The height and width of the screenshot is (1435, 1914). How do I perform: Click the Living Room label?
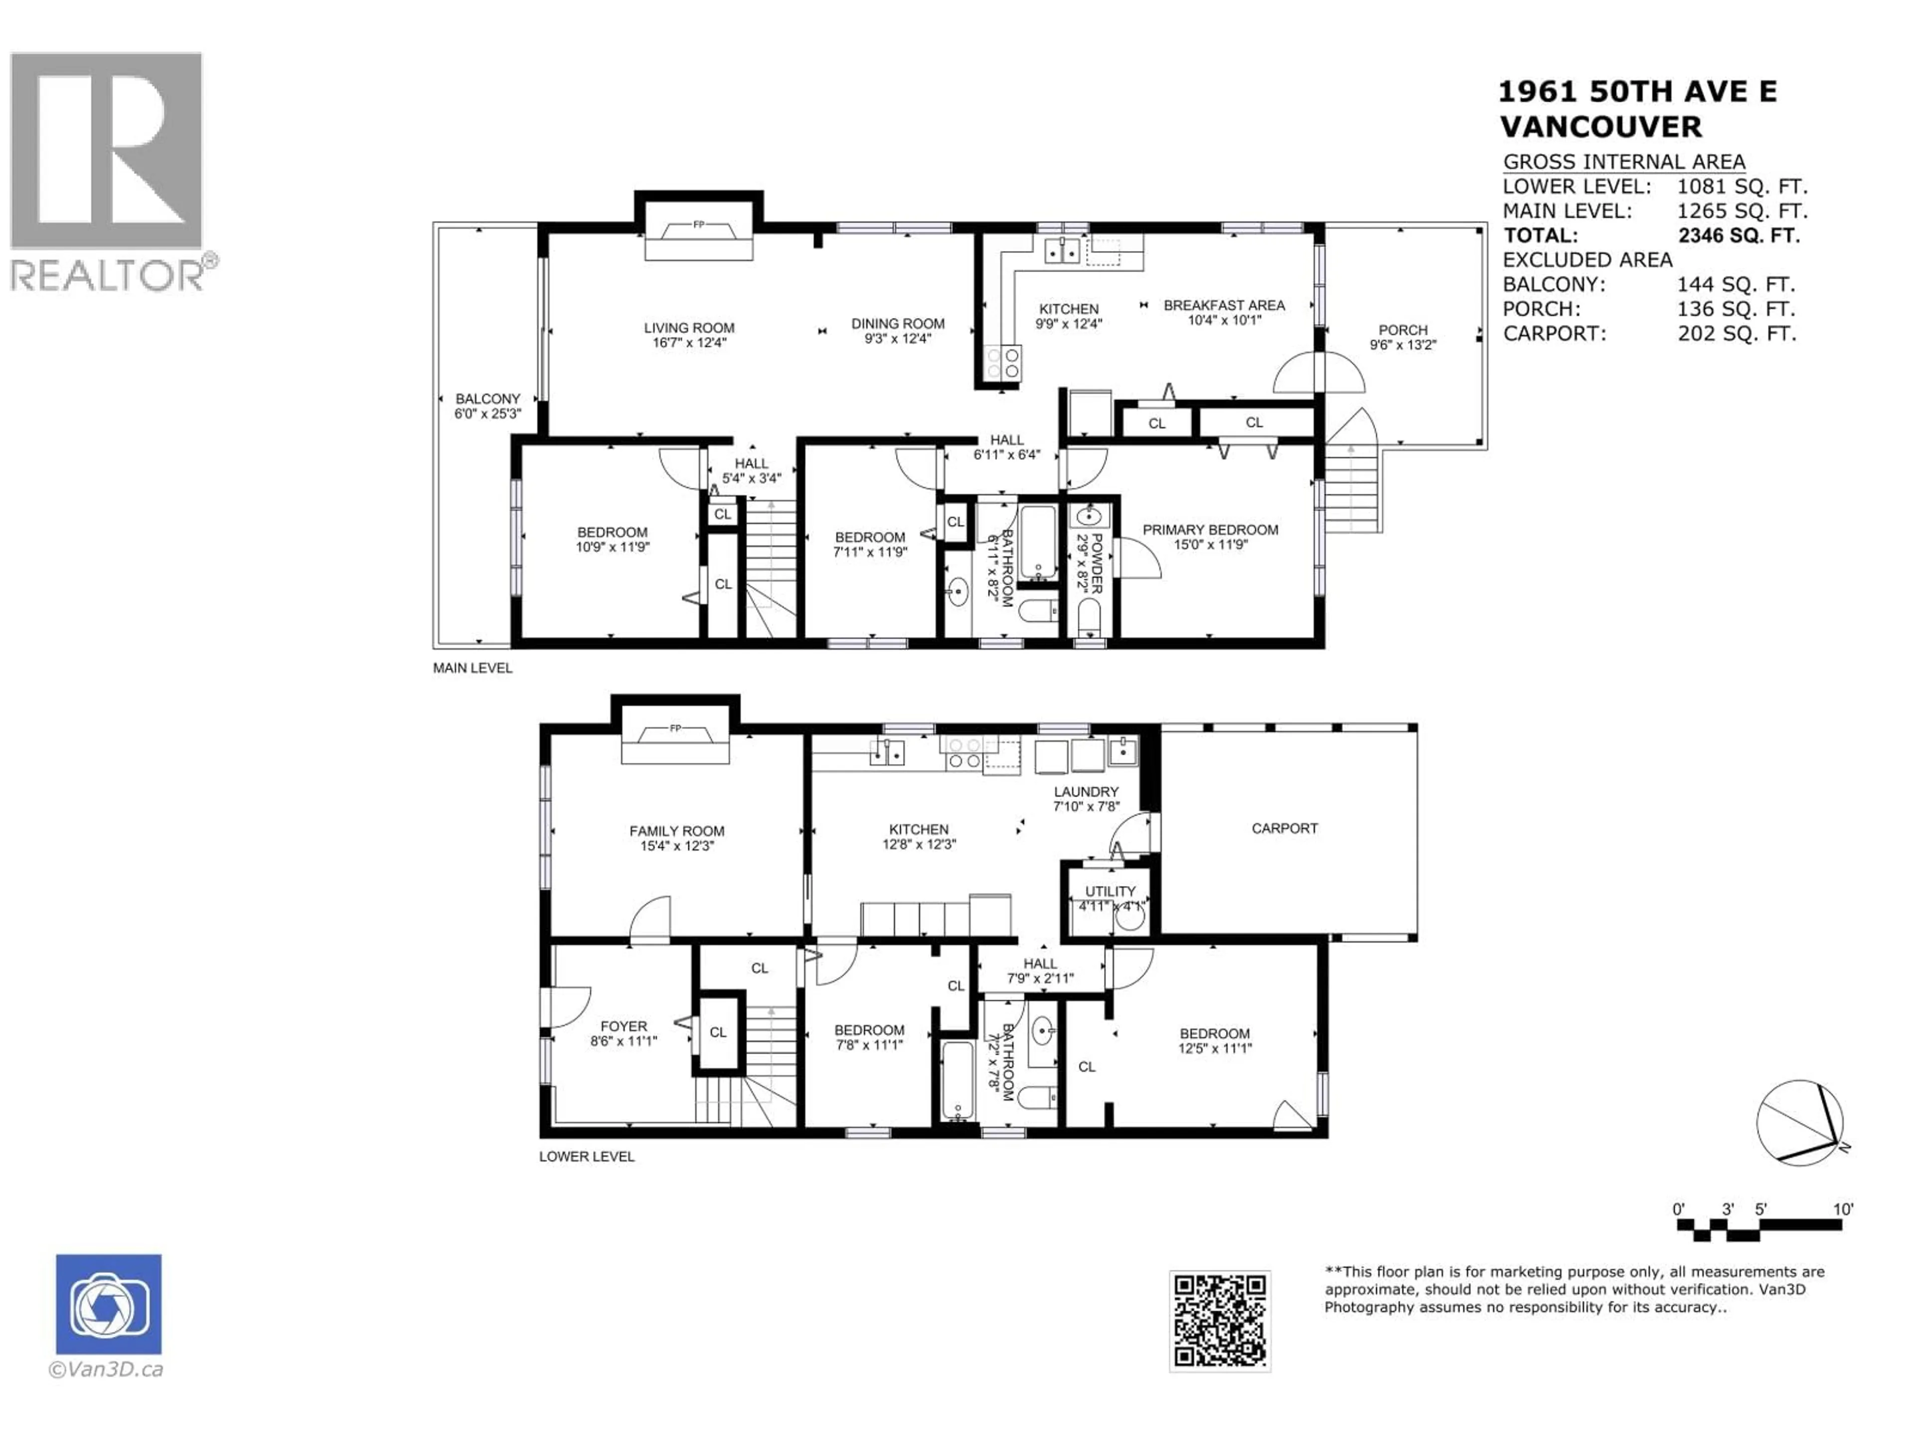tap(689, 328)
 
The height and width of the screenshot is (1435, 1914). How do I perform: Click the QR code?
tap(1219, 1321)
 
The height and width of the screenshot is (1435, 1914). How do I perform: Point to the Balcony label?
tap(488, 399)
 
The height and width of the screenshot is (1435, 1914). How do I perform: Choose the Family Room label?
tap(677, 831)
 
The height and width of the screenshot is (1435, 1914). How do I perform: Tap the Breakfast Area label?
tap(1224, 305)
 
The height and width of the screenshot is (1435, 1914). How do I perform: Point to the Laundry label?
tap(1086, 791)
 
